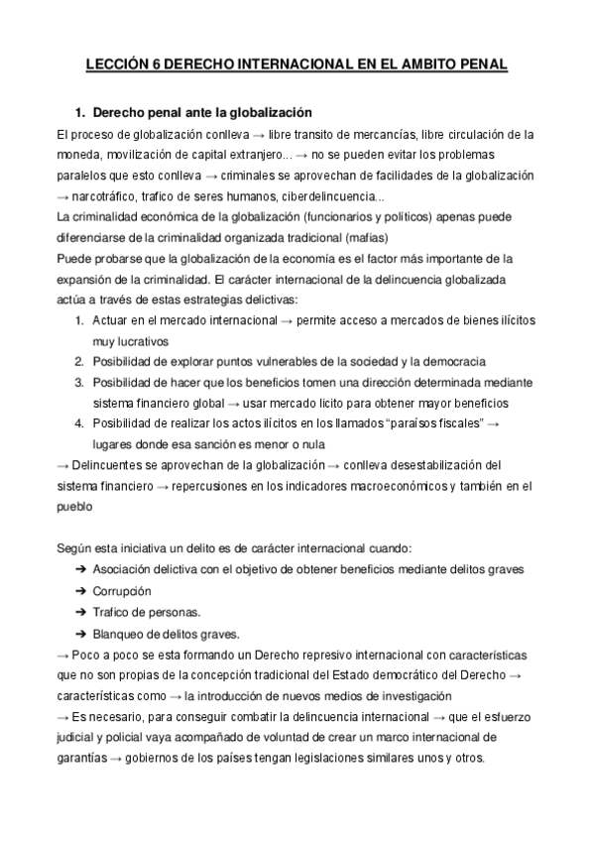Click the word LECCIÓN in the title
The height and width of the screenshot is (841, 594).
coord(117,65)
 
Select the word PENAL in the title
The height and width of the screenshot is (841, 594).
coord(482,65)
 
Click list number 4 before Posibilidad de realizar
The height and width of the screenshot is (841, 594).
coord(79,423)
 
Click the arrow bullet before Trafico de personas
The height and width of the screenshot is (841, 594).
coord(79,612)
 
